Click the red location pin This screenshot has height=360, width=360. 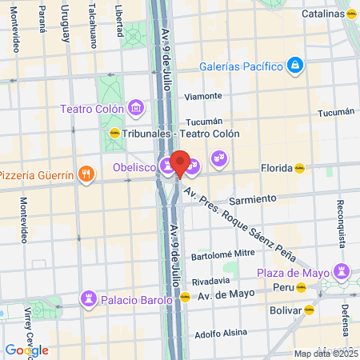pyautogui.click(x=180, y=163)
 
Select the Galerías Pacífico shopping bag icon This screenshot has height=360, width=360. pyautogui.click(x=294, y=64)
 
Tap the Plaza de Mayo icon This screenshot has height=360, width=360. pyautogui.click(x=342, y=273)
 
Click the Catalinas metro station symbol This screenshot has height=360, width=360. pyautogui.click(x=352, y=14)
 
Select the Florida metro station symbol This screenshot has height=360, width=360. pyautogui.click(x=299, y=168)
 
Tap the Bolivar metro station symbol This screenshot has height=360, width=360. pyautogui.click(x=309, y=308)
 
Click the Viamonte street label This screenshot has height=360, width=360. pyautogui.click(x=202, y=96)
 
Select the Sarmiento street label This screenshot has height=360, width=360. pyautogui.click(x=252, y=198)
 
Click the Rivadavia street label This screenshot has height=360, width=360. pyautogui.click(x=212, y=281)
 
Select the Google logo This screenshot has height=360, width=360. pyautogui.click(x=26, y=350)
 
